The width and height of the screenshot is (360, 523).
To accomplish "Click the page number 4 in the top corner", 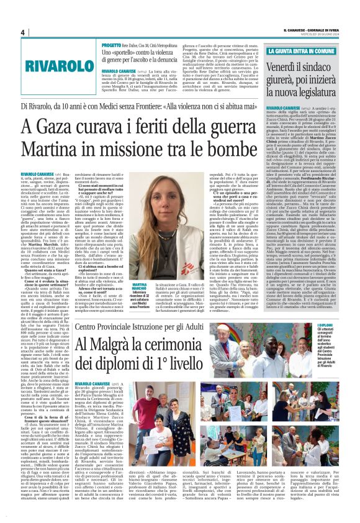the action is [22, 33].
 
